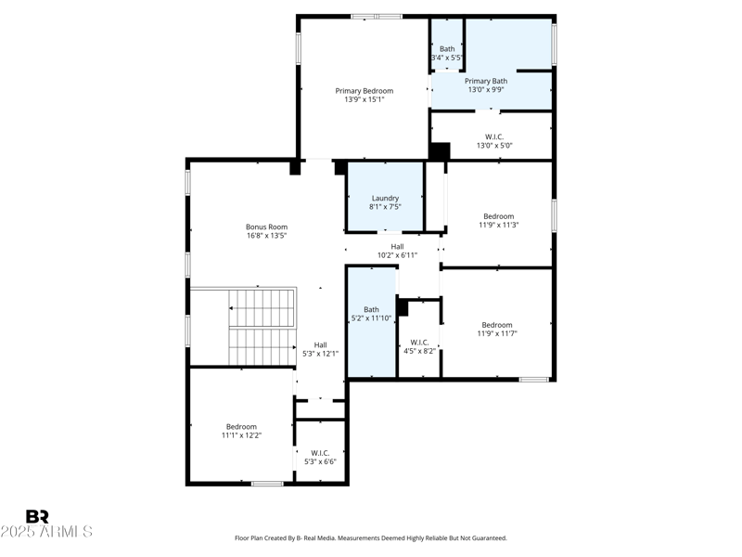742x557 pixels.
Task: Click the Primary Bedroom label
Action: pos(365,91)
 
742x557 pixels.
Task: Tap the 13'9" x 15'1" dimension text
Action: pos(365,99)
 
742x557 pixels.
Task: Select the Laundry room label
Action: pos(385,198)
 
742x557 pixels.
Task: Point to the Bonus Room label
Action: pos(266,227)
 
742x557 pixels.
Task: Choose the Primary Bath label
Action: pos(486,81)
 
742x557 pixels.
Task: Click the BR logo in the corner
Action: pos(37,517)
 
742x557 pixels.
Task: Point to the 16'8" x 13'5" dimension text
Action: pos(266,236)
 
